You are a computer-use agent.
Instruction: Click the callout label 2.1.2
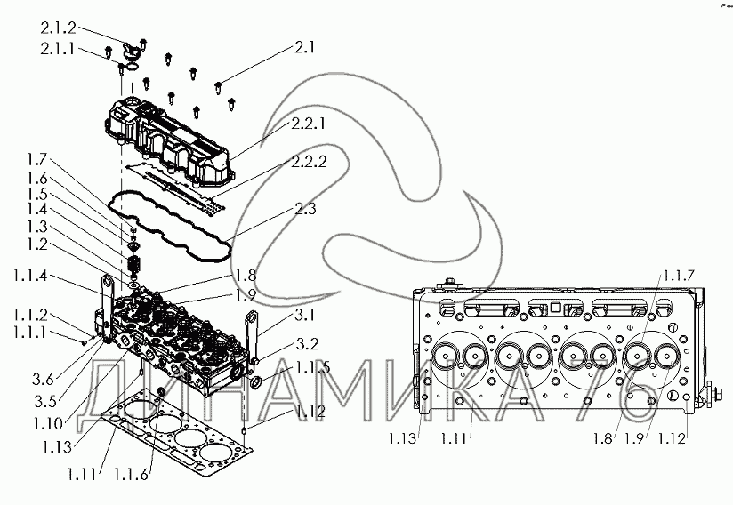click(x=58, y=28)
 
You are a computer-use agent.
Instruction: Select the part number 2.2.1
click(x=309, y=124)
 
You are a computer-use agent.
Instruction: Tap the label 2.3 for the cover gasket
click(x=305, y=208)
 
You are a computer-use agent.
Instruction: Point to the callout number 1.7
click(x=37, y=160)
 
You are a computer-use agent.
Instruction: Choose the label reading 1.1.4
click(x=30, y=277)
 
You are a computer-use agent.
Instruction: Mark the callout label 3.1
click(x=305, y=316)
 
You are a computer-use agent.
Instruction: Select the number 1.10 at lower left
click(x=48, y=424)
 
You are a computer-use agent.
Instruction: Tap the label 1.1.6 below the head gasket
click(x=131, y=475)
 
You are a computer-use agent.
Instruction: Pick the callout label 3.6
click(x=43, y=380)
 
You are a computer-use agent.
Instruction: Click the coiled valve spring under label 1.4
click(x=134, y=268)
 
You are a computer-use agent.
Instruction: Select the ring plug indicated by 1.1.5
click(x=256, y=383)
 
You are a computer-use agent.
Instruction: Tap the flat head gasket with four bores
click(x=178, y=439)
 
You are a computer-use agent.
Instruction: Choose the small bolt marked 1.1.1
click(x=85, y=342)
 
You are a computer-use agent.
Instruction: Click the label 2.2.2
click(x=309, y=162)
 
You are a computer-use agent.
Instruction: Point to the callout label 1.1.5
click(x=313, y=368)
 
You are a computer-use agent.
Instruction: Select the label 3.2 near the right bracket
click(x=307, y=344)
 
